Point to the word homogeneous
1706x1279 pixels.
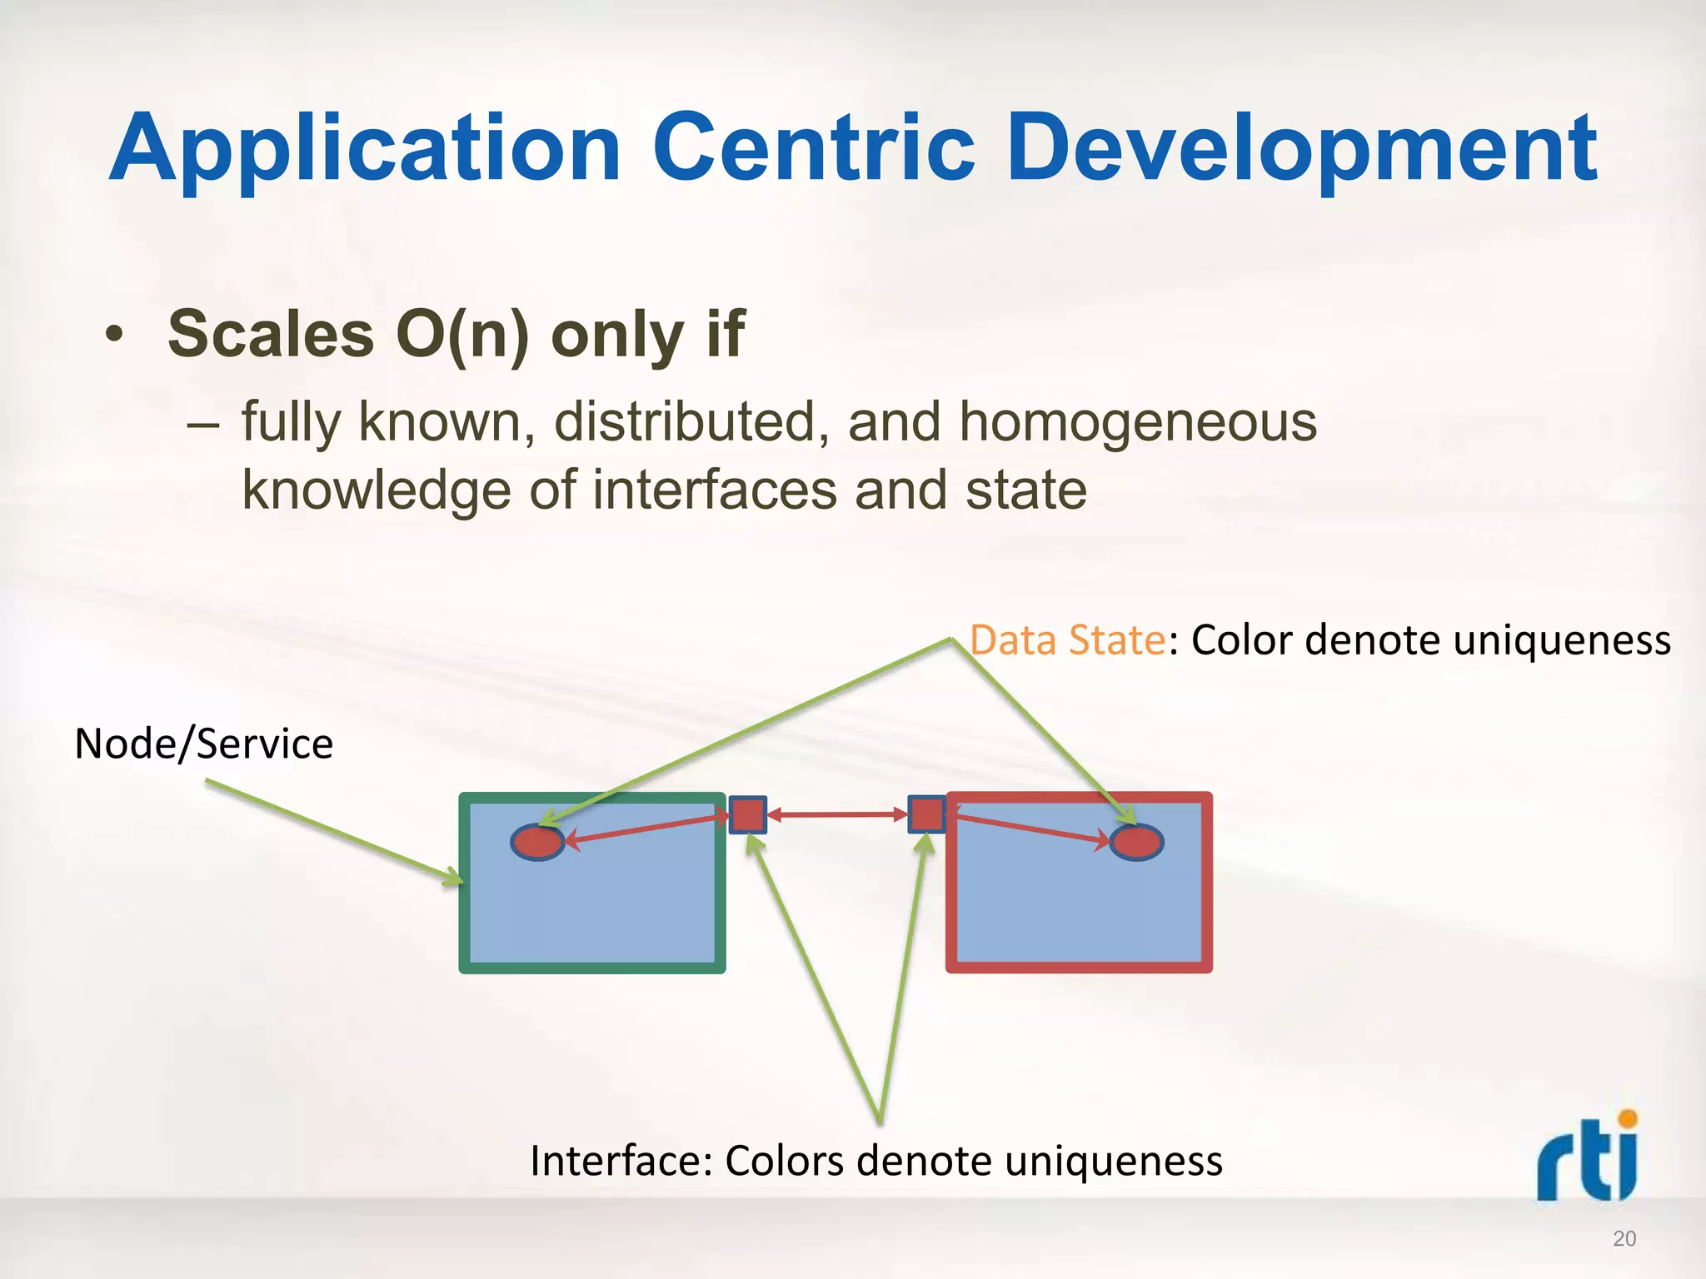(x=1138, y=421)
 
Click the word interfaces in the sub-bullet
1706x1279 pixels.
(x=715, y=490)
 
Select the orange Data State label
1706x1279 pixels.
(x=1067, y=640)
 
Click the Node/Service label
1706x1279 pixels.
(x=203, y=744)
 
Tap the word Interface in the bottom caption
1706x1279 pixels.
(x=620, y=1161)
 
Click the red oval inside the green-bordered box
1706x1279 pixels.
(x=537, y=842)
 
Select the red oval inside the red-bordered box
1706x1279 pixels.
(x=1137, y=842)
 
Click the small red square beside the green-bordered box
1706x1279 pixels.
(x=748, y=814)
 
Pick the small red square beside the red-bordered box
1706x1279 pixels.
(x=926, y=814)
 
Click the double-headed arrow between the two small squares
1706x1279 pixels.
(x=837, y=815)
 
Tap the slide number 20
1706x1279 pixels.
(x=1624, y=1239)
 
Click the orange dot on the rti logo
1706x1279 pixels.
(x=1627, y=1118)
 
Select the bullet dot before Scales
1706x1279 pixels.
(x=114, y=336)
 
